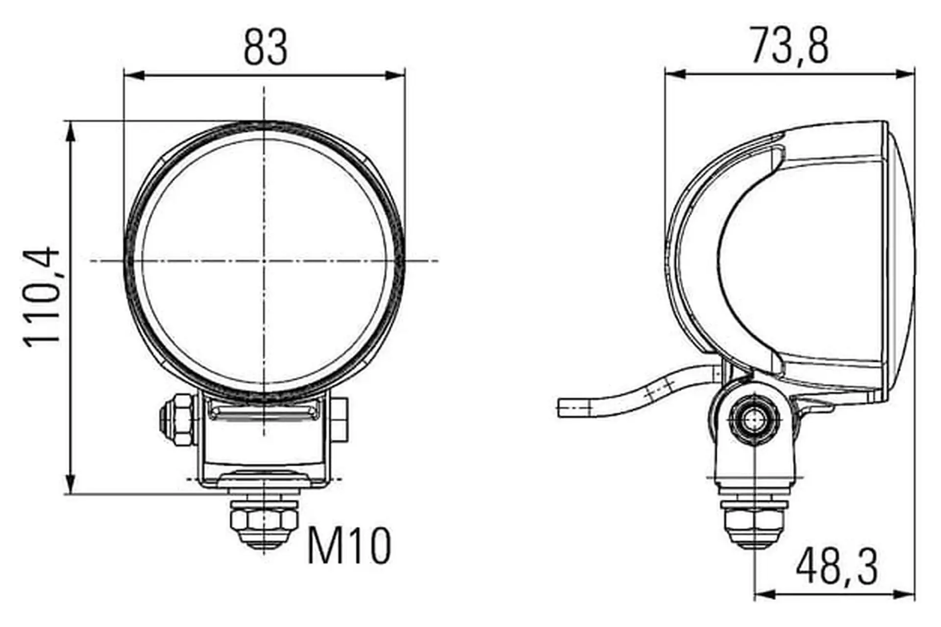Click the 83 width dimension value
266,47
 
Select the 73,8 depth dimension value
790,46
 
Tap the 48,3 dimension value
837,567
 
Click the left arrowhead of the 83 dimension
135,75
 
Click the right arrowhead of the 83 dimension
395,75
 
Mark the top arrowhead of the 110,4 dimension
71,132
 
